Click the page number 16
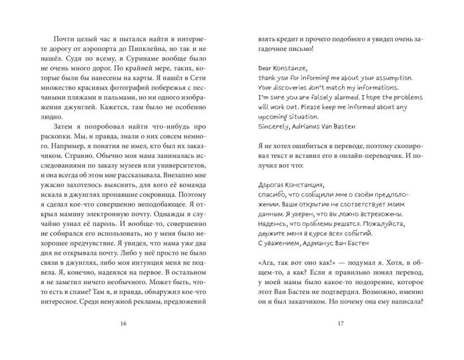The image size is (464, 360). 124,324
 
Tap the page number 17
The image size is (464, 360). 340,324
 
